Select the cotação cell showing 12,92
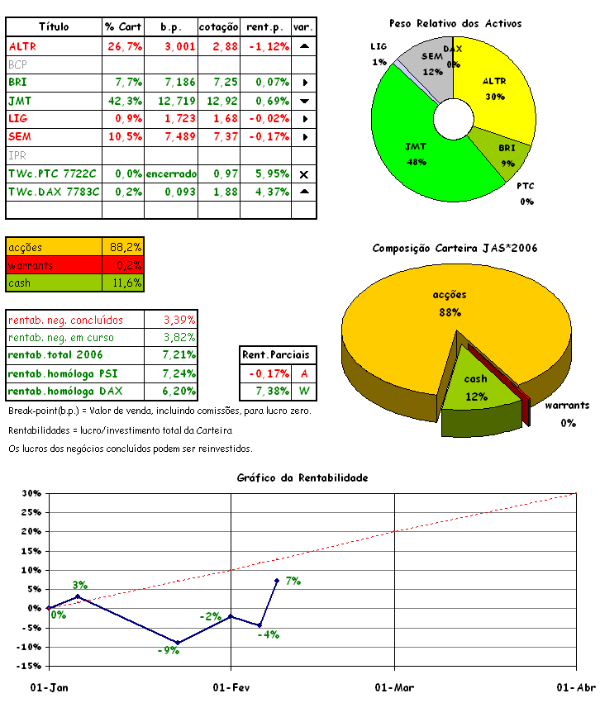[x=219, y=101]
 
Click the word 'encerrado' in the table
[x=170, y=173]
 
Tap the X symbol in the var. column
[x=303, y=174]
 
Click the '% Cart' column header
[x=123, y=27]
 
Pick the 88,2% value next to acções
[x=126, y=247]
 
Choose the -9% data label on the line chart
[x=169, y=651]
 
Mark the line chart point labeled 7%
[x=277, y=581]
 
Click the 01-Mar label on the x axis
[x=394, y=687]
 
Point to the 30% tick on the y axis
[x=31, y=493]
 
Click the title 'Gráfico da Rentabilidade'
[x=302, y=477]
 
